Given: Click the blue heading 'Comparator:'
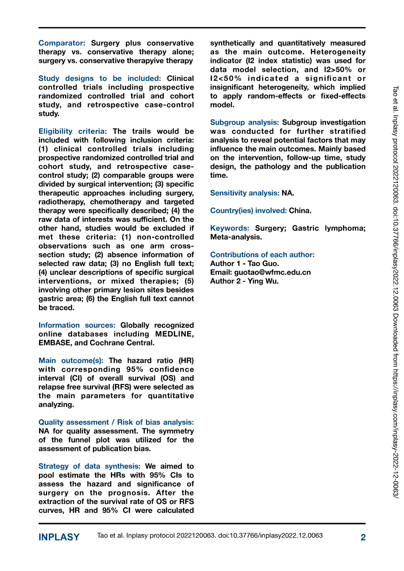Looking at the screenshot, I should pos(62,43).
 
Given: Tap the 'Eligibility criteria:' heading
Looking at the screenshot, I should pos(73,131).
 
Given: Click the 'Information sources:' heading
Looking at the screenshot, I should pos(77,325).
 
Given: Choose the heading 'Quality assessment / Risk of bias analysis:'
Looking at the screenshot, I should pos(116,422).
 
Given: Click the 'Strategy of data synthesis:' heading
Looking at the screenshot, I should pos(89,466).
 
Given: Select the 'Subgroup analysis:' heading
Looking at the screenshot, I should pos(245,122).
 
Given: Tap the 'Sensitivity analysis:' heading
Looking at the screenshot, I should pos(245,193).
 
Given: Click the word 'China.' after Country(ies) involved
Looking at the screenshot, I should pos(300,210).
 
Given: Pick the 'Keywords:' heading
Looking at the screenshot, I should pos(230,228).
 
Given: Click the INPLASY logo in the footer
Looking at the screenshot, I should pos(59,537).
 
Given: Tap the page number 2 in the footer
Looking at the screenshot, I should pos(363,537).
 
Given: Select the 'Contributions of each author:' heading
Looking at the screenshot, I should pos(262,255).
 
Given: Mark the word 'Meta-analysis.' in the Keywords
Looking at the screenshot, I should pos(236,236).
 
